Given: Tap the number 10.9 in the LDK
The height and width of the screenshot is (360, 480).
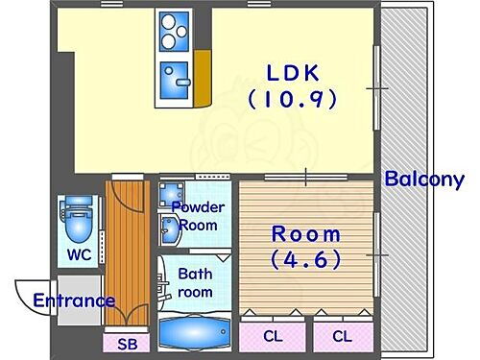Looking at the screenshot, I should pyautogui.click(x=292, y=99).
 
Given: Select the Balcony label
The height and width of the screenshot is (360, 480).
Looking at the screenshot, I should pyautogui.click(x=424, y=179).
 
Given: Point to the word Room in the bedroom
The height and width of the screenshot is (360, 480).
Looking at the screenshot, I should pyautogui.click(x=304, y=233).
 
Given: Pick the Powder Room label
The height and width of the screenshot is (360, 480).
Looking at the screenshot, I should pyautogui.click(x=198, y=216).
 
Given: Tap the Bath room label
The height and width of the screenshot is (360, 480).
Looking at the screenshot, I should pyautogui.click(x=195, y=282).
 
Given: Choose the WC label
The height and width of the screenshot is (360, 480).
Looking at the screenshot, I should pyautogui.click(x=79, y=255).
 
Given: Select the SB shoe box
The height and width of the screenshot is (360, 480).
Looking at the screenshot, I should pyautogui.click(x=127, y=343).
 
